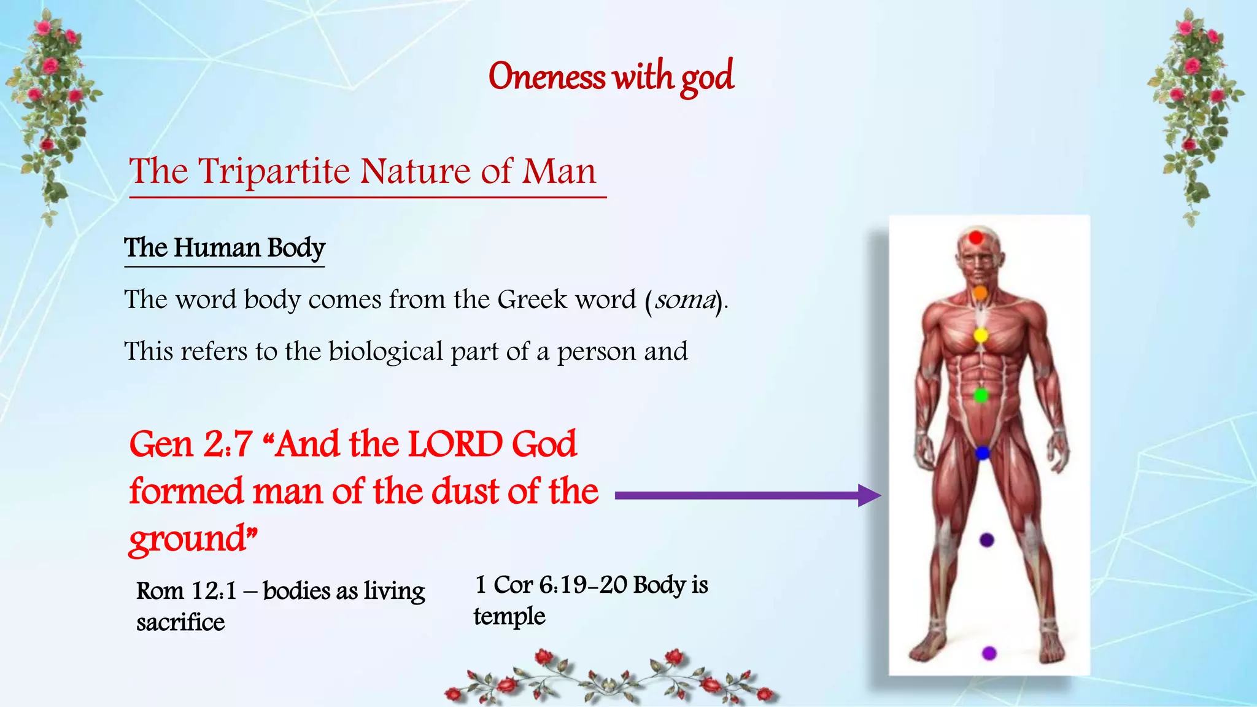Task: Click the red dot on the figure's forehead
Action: point(976,238)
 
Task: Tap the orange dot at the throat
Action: point(980,293)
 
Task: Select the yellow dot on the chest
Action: point(981,335)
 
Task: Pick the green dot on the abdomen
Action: point(981,395)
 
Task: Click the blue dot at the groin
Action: point(982,453)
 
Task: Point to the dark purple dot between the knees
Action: point(986,540)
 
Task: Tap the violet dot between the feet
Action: point(989,653)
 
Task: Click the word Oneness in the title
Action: point(546,77)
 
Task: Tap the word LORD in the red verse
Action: point(455,444)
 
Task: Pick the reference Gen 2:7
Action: point(191,444)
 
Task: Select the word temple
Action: point(509,616)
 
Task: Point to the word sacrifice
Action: point(180,622)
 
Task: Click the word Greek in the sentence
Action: point(532,300)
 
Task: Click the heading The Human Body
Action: point(225,248)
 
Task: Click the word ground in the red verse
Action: point(188,539)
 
